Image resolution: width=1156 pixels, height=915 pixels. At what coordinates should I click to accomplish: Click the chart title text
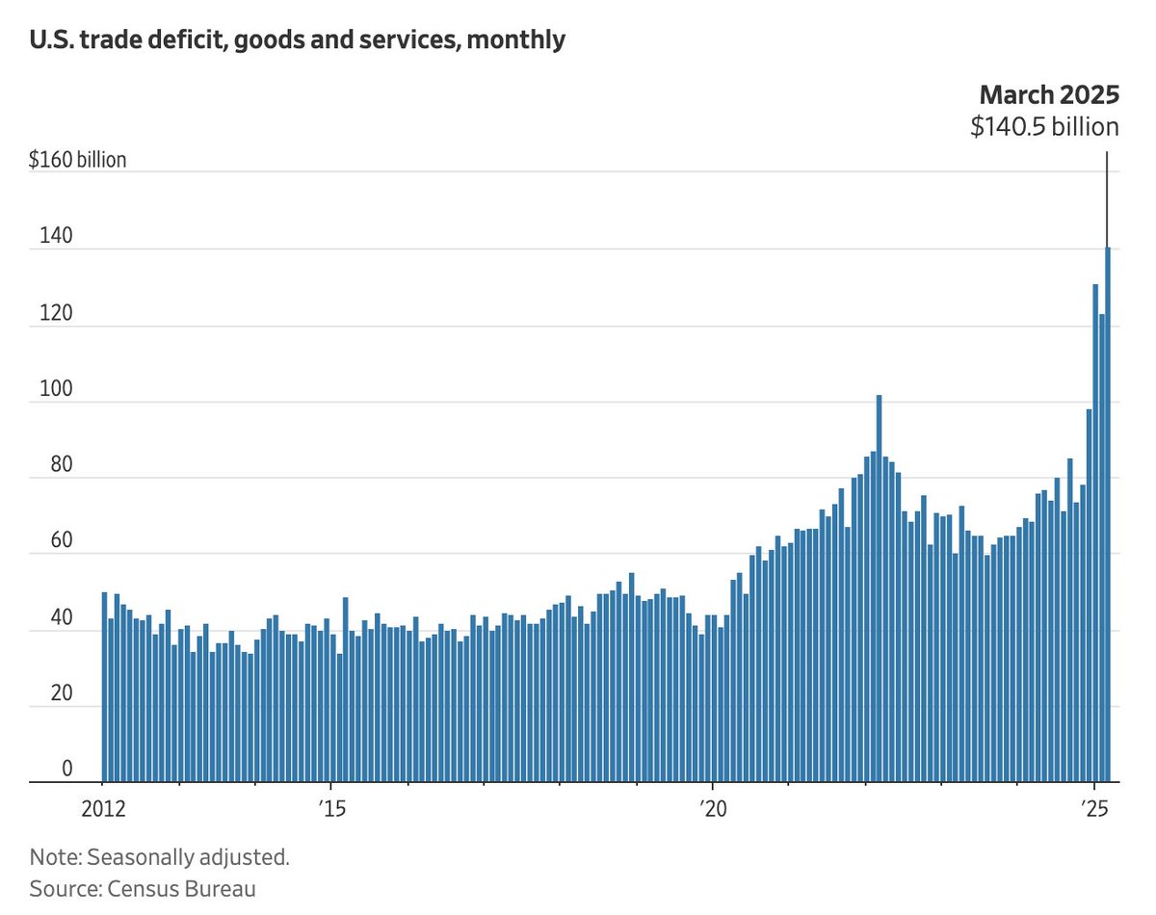[297, 40]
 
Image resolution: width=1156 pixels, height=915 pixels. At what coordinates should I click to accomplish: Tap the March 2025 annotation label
[1049, 94]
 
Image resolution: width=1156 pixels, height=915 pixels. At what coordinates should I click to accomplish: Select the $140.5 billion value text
[1044, 126]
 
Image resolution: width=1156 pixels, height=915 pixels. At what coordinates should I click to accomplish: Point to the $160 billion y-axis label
[78, 160]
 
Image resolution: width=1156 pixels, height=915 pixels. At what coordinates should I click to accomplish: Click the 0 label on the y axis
[40, 769]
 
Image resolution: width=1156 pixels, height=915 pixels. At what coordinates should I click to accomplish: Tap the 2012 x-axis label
[103, 806]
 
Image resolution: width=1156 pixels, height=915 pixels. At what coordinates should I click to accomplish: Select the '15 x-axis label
[330, 806]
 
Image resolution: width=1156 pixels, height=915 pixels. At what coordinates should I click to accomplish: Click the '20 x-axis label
[712, 806]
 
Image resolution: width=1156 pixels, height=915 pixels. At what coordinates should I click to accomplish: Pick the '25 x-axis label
[1093, 806]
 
